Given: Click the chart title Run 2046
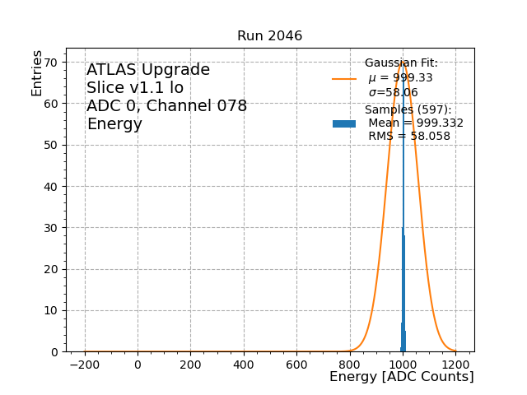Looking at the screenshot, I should [269, 36].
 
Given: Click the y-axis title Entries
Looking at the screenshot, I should [37, 73].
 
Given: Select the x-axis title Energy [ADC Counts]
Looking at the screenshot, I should [401, 377].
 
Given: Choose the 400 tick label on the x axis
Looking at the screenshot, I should [244, 364].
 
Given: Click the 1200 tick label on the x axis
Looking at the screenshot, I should [455, 364].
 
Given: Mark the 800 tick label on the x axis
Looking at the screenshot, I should [349, 364].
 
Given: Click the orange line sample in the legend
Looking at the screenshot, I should [344, 79].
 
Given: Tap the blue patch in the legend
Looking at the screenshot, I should [344, 123].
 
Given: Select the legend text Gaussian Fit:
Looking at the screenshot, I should [401, 63].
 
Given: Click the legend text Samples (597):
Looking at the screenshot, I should [408, 109].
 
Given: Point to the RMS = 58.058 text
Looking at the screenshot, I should [408, 136].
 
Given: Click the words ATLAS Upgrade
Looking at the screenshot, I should [148, 70].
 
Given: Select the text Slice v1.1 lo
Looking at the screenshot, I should [135, 88].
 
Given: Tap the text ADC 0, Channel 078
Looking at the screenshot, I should [166, 106].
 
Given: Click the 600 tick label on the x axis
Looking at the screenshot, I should [296, 364].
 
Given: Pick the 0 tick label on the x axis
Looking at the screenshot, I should [138, 364].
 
